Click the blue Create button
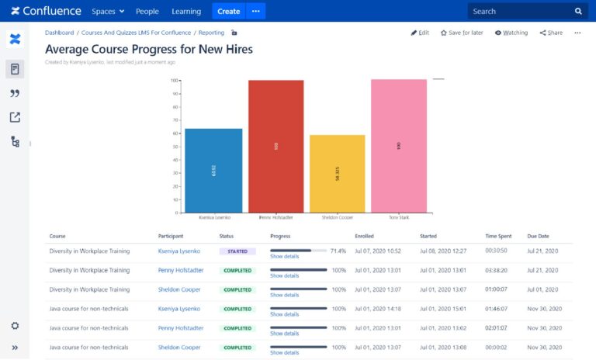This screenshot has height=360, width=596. click(228, 12)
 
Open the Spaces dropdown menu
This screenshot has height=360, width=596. click(108, 12)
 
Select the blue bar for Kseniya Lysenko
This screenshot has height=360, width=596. click(213, 170)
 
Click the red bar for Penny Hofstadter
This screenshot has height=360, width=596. click(275, 146)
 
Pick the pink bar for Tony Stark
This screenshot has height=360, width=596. click(398, 145)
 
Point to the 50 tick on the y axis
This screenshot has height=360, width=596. click(175, 146)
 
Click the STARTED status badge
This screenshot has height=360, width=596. click(237, 251)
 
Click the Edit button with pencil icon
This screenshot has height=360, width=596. click(420, 33)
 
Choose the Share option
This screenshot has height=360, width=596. click(551, 33)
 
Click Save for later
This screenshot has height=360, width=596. click(462, 33)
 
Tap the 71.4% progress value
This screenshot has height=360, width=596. click(338, 251)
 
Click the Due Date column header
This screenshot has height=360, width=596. click(538, 236)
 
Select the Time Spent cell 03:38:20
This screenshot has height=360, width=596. click(497, 271)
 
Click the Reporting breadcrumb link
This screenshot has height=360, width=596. click(211, 33)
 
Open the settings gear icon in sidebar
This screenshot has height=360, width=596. click(15, 326)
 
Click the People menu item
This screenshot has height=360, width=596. click(147, 12)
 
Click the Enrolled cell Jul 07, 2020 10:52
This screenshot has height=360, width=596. click(377, 251)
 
